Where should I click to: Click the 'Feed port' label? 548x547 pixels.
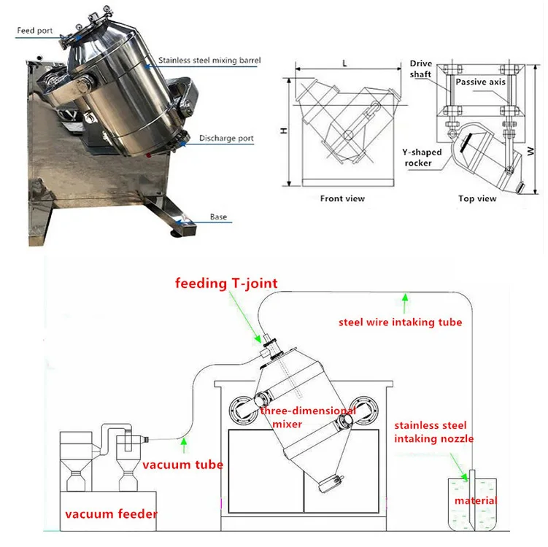[34, 30]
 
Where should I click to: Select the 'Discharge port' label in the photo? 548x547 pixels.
[225, 139]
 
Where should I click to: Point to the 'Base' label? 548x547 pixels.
[218, 217]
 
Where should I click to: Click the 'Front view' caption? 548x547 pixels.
[342, 198]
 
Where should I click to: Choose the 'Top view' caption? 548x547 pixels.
[477, 198]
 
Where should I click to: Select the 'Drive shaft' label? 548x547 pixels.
[420, 69]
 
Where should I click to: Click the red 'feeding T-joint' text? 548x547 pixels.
[226, 284]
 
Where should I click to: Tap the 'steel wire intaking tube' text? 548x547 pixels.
[399, 322]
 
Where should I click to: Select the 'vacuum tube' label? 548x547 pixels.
[182, 465]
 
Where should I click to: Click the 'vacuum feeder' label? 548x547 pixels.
[111, 514]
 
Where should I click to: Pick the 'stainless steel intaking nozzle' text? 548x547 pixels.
[434, 432]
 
